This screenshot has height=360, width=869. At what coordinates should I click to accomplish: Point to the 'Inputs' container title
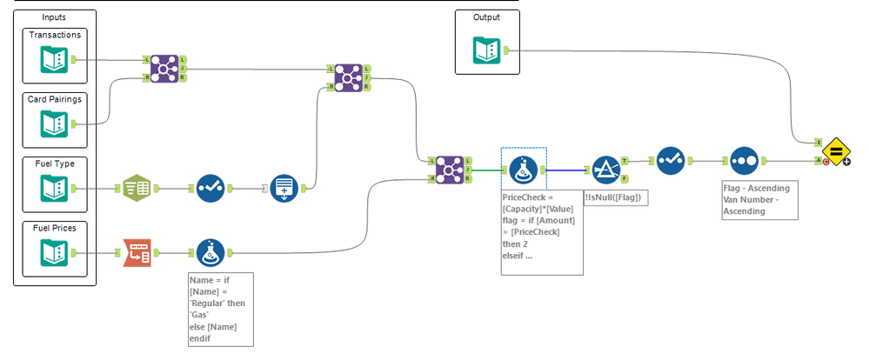[x=54, y=17]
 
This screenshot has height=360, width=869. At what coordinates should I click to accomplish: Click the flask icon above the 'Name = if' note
[x=211, y=253]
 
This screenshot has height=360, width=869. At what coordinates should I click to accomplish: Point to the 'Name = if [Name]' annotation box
[x=221, y=309]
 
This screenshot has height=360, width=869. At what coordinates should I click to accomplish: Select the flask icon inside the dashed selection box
[x=523, y=170]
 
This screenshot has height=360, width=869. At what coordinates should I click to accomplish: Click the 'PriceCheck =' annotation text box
[x=542, y=232]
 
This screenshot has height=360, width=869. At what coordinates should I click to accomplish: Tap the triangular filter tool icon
[x=605, y=170]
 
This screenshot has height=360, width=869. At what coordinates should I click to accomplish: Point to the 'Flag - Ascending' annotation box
[x=759, y=200]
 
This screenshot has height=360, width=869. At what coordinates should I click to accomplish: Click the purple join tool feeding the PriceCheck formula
[x=451, y=170]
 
